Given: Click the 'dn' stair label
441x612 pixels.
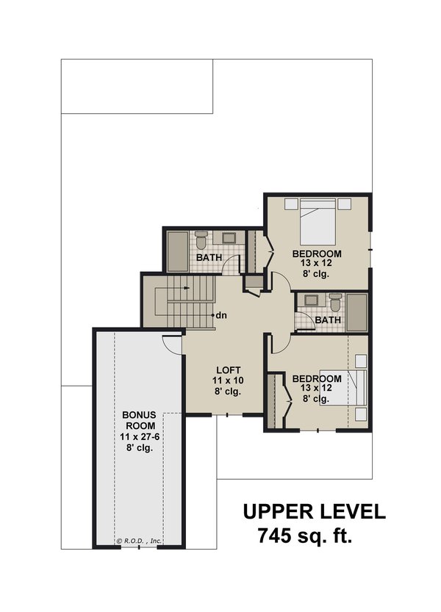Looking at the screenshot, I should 221,315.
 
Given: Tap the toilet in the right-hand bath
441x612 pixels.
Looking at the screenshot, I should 335,301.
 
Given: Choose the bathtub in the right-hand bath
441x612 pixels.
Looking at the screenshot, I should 357,312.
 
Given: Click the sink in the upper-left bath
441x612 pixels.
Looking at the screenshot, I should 228,237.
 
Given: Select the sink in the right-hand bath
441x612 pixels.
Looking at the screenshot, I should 309,299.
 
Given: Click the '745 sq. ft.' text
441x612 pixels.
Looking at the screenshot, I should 305,536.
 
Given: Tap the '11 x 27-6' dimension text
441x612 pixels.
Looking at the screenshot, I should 139,437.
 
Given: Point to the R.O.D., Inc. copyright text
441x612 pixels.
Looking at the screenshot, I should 139,541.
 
